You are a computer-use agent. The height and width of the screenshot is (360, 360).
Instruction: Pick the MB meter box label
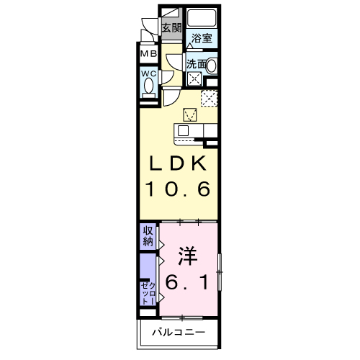(x=148, y=54)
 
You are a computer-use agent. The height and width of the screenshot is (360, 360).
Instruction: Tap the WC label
(x=148, y=73)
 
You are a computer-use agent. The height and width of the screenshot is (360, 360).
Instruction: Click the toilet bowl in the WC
(x=149, y=87)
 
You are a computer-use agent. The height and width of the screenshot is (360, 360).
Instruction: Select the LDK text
(x=179, y=164)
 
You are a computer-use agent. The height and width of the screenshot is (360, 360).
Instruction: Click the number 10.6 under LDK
(x=179, y=189)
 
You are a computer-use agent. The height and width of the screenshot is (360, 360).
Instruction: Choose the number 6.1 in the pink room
(x=189, y=283)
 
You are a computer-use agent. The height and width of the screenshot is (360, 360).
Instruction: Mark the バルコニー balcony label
(x=179, y=333)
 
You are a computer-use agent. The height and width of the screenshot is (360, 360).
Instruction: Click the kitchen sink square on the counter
(x=183, y=131)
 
